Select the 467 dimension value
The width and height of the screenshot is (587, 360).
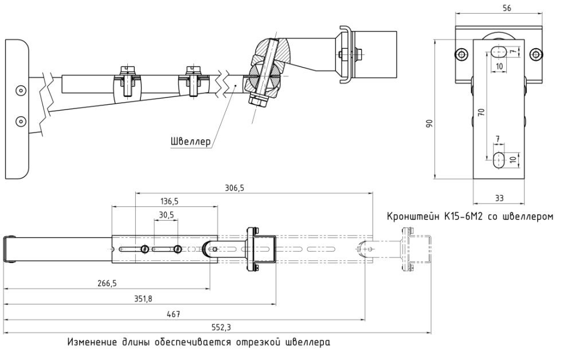(173, 314)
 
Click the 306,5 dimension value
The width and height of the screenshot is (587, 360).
(232, 187)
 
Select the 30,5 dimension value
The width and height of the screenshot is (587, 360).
(166, 215)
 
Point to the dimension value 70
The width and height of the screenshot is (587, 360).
(481, 112)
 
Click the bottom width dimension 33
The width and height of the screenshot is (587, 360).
(499, 198)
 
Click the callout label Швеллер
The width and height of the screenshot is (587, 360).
(190, 142)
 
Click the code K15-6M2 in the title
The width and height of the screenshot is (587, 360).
(463, 217)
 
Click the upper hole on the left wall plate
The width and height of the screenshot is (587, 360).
(21, 91)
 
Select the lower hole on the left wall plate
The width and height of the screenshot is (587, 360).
(21, 120)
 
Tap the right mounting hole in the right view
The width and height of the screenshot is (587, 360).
(536, 54)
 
